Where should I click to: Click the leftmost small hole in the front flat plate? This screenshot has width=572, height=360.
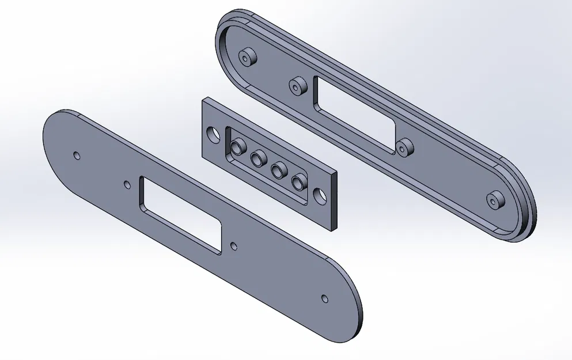(x=77, y=156)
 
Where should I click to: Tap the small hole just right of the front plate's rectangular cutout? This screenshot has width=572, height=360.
(x=233, y=246)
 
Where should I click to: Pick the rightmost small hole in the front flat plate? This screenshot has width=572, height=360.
(x=325, y=298)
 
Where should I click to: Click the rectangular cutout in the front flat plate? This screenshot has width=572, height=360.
(x=181, y=215)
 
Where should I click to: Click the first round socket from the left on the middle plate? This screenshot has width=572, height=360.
(x=236, y=149)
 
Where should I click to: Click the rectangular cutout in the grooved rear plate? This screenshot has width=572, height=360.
(x=356, y=114)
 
